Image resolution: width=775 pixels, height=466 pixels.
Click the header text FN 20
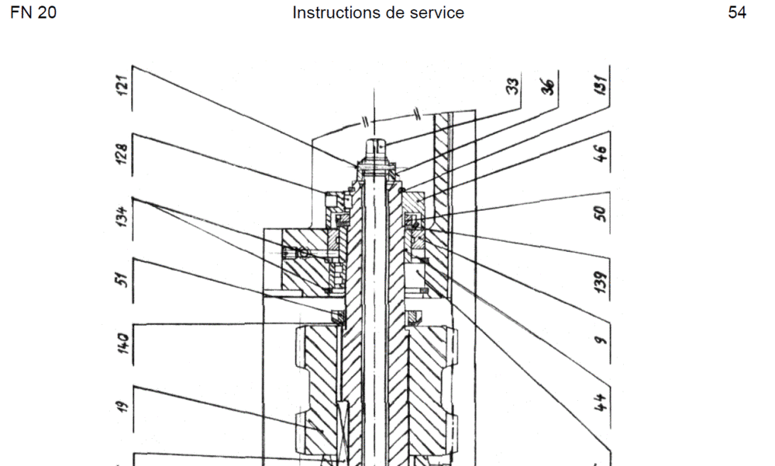(33, 13)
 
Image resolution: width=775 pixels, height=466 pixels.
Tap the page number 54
(737, 13)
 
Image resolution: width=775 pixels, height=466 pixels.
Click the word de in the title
(396, 13)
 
